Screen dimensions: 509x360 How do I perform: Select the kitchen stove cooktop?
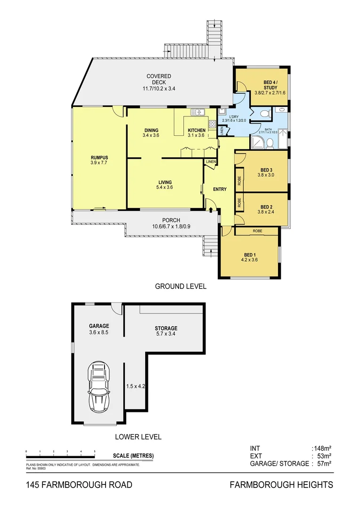[x=212, y=125]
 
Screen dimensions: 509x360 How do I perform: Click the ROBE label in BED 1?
[x=257, y=231]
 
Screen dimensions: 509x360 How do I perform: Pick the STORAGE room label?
[x=166, y=328]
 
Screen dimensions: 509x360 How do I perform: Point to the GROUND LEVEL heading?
[x=180, y=286]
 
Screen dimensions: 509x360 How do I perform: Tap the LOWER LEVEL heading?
[x=138, y=437]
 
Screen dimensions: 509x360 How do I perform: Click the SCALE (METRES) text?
[x=133, y=456]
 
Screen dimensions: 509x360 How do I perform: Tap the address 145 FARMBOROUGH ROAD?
[x=79, y=484]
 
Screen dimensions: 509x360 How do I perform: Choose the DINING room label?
[x=151, y=131]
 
